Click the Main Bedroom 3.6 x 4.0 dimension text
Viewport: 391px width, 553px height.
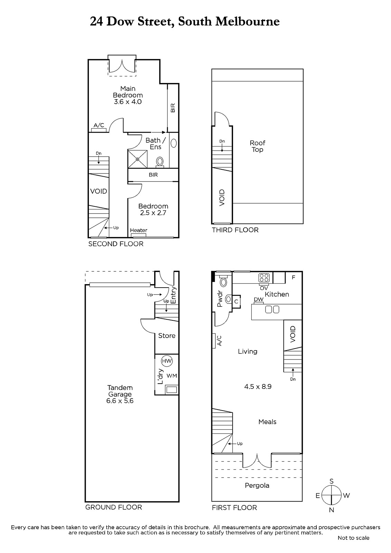click(128, 102)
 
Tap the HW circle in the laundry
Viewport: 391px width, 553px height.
click(167, 361)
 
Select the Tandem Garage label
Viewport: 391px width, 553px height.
click(120, 391)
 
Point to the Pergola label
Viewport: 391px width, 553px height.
click(257, 486)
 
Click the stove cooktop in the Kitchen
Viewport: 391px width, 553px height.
click(264, 278)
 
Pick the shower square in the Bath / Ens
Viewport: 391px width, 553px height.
click(137, 159)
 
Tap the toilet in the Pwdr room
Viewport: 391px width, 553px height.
click(224, 281)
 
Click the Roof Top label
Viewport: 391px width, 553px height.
click(257, 146)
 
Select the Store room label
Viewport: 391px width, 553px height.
click(167, 336)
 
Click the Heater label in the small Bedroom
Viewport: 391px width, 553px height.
click(139, 230)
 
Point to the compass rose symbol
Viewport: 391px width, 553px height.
click(332, 495)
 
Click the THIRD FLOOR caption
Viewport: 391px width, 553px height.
click(235, 230)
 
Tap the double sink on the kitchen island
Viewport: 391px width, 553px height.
click(272, 309)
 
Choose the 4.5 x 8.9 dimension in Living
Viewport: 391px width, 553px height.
click(258, 387)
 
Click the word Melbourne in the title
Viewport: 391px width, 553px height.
click(248, 21)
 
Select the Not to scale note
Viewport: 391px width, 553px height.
click(353, 538)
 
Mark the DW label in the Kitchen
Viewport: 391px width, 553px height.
click(259, 299)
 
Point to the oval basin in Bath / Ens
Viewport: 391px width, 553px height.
click(174, 143)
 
